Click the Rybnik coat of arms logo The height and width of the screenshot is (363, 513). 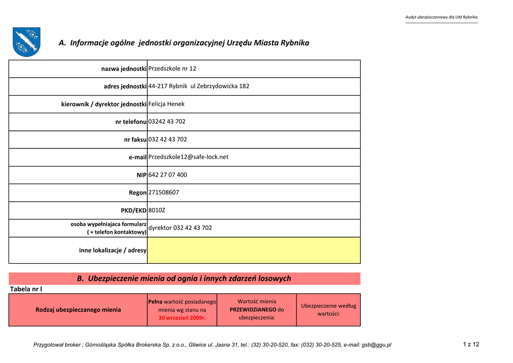click(27, 42)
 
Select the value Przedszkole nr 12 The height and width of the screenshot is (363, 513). click(172, 69)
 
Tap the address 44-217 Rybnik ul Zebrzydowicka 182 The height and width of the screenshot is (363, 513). click(199, 86)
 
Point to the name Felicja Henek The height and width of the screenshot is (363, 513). click(167, 104)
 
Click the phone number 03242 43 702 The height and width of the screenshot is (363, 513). click(167, 122)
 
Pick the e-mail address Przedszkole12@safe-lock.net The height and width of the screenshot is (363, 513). click(188, 157)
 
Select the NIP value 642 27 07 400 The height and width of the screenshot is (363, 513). click(168, 175)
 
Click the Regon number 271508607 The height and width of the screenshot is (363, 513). click(164, 193)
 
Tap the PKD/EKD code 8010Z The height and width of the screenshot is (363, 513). click(157, 210)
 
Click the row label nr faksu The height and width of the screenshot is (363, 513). click(135, 139)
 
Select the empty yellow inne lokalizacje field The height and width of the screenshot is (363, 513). click(253, 250)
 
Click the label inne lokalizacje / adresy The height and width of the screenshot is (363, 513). click(113, 250)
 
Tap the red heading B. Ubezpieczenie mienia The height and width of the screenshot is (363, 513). click(184, 278)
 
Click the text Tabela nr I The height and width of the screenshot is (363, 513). click(26, 289)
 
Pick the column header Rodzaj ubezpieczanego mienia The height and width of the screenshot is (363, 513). click(78, 310)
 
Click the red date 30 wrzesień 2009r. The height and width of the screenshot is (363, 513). click(182, 318)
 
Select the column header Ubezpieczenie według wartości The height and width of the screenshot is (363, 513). click(328, 310)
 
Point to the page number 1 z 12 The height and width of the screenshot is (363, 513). click(471, 344)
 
